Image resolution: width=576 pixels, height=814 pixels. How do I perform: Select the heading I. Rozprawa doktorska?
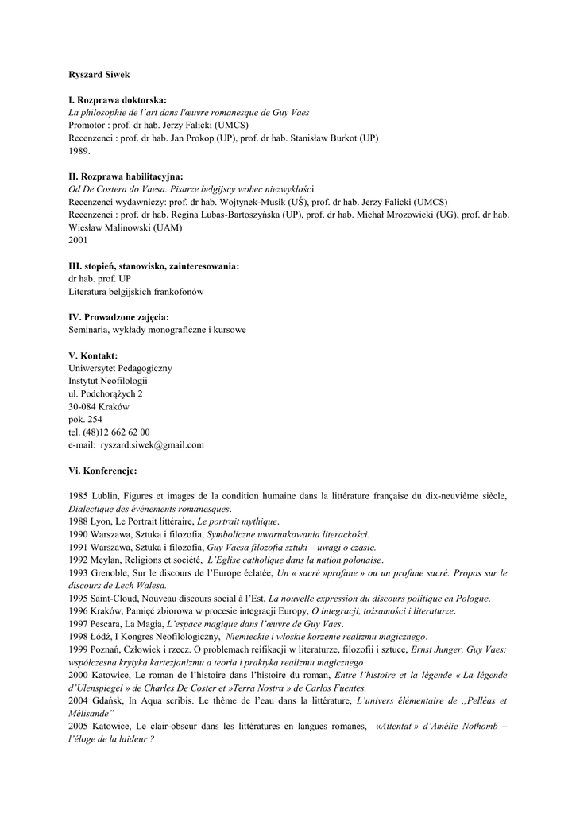(118, 100)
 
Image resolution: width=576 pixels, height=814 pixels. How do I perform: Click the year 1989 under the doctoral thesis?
(79, 150)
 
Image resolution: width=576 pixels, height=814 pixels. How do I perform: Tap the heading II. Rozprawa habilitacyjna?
(126, 176)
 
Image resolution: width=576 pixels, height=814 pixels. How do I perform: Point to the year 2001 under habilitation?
(78, 240)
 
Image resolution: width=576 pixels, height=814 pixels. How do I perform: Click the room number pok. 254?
(85, 419)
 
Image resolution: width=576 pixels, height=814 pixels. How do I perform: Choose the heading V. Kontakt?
(93, 355)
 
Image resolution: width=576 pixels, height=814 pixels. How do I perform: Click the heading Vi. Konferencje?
(102, 471)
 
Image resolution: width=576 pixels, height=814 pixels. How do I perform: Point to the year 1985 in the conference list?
(78, 496)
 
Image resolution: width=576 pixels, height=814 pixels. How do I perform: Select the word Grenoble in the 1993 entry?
(111, 572)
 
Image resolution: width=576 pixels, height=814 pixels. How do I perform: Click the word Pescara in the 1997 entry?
(111, 623)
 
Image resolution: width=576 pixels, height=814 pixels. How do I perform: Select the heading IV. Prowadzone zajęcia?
(118, 317)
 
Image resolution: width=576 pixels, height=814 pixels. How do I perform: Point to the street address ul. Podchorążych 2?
(106, 393)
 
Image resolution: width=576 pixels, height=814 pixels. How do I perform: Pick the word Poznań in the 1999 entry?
(110, 649)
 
